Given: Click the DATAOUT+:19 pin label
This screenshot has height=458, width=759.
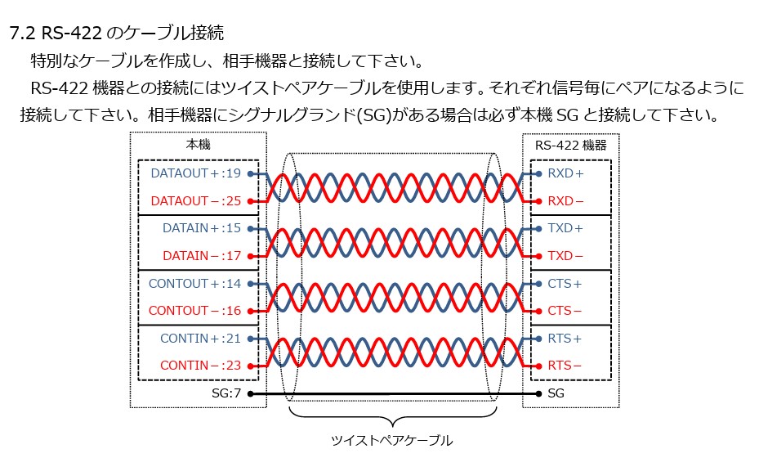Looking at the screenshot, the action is coord(196,173).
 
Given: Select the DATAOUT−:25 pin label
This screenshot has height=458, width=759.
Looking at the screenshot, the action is coord(196,201).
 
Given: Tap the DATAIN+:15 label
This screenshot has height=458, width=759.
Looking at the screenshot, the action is coord(202,228).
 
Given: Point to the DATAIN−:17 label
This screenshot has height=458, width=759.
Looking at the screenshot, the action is coord(202,256).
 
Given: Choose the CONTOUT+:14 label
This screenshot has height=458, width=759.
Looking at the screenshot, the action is coord(195,284).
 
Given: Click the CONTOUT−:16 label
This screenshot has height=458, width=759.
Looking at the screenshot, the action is coord(195,312).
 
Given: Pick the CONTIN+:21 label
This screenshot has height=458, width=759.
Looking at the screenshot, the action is coord(200,339).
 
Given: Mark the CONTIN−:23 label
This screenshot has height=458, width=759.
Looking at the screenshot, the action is coord(200,366).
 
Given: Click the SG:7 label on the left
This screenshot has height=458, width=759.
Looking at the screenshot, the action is coord(226,393).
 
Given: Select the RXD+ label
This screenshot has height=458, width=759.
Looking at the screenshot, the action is coord(565,173).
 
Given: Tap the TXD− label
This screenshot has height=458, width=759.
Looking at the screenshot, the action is coord(565,256).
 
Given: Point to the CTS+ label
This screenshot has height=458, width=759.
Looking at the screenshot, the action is coord(565,284).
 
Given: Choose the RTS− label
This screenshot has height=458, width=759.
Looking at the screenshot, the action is coord(565,366).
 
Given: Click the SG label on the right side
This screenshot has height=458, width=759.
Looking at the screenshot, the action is coord(556,393).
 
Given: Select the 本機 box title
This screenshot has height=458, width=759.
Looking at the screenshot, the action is coord(199,145).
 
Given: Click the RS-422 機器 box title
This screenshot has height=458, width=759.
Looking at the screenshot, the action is coord(571,145).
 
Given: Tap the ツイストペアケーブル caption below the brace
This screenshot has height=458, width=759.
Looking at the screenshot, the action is coord(391,441).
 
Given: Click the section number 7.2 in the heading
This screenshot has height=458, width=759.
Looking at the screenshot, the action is coord(22,34).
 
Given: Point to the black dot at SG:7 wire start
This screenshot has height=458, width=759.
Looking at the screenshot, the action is coord(250,393).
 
